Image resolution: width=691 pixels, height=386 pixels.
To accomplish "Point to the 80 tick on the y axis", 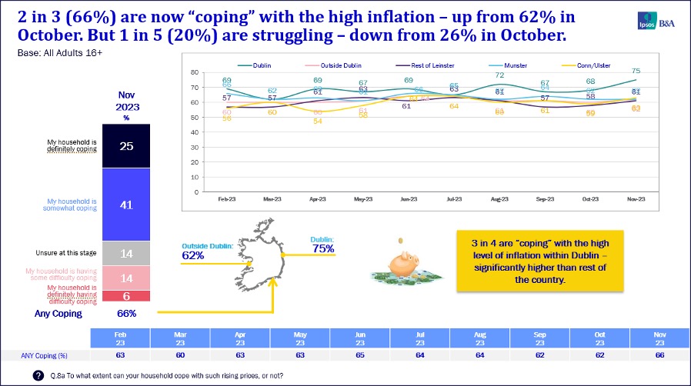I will tap(195, 72).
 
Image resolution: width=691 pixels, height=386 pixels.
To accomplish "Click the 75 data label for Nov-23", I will tap(635, 71).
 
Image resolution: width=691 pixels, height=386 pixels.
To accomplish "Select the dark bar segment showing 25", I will tap(126, 146).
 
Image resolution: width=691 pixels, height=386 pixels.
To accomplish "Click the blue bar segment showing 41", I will tap(126, 205).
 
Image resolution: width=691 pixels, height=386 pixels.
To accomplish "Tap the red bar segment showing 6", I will tap(126, 296).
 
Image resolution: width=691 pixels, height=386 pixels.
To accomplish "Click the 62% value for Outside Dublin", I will tap(193, 255).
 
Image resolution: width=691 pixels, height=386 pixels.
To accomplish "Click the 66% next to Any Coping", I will tap(126, 314).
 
